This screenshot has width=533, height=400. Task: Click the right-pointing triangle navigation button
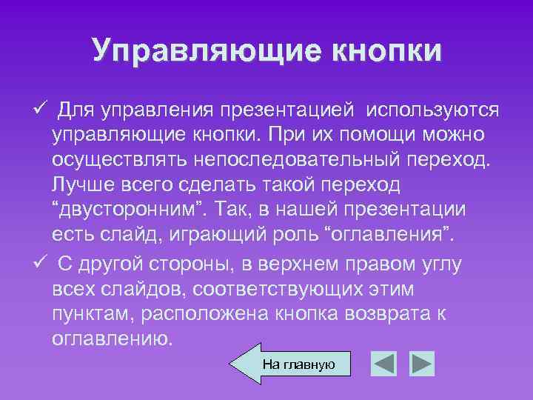pos(422,363)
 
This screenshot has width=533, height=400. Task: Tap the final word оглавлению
pos(113,339)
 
